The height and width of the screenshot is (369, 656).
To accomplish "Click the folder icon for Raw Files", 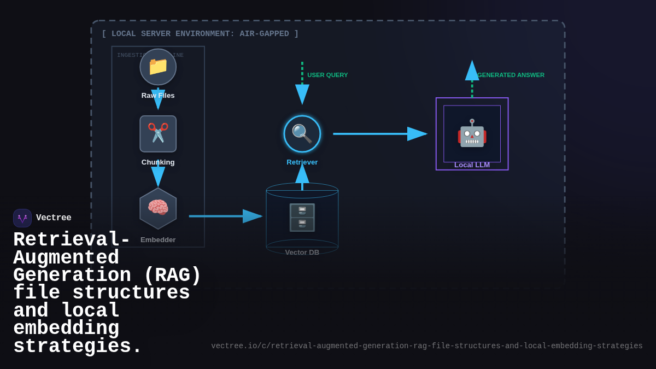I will tap(158, 66).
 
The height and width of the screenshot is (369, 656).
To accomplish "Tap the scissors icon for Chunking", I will tap(158, 133).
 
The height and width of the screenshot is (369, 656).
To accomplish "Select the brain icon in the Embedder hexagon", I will tap(158, 208).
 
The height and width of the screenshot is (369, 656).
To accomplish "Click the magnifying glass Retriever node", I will tap(302, 134).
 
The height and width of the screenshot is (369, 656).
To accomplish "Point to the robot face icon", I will tap(472, 133).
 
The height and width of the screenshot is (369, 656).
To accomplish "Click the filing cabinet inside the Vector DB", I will tap(302, 218).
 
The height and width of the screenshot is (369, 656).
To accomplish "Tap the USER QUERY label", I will tap(327, 75).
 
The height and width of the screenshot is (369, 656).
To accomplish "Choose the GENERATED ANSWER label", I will tap(511, 75).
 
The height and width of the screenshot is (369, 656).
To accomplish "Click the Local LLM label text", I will tap(472, 165).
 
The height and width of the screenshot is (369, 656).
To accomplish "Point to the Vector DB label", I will tap(302, 253).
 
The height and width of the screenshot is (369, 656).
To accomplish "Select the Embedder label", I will tap(158, 240).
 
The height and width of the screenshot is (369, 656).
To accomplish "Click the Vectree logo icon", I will tap(22, 218).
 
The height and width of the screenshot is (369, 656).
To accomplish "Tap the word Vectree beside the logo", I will tap(54, 218).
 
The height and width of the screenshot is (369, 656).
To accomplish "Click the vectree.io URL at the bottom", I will tap(426, 346).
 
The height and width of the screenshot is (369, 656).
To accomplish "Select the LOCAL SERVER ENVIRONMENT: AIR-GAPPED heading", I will tap(200, 34).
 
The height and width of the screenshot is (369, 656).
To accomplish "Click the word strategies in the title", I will tap(77, 347).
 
